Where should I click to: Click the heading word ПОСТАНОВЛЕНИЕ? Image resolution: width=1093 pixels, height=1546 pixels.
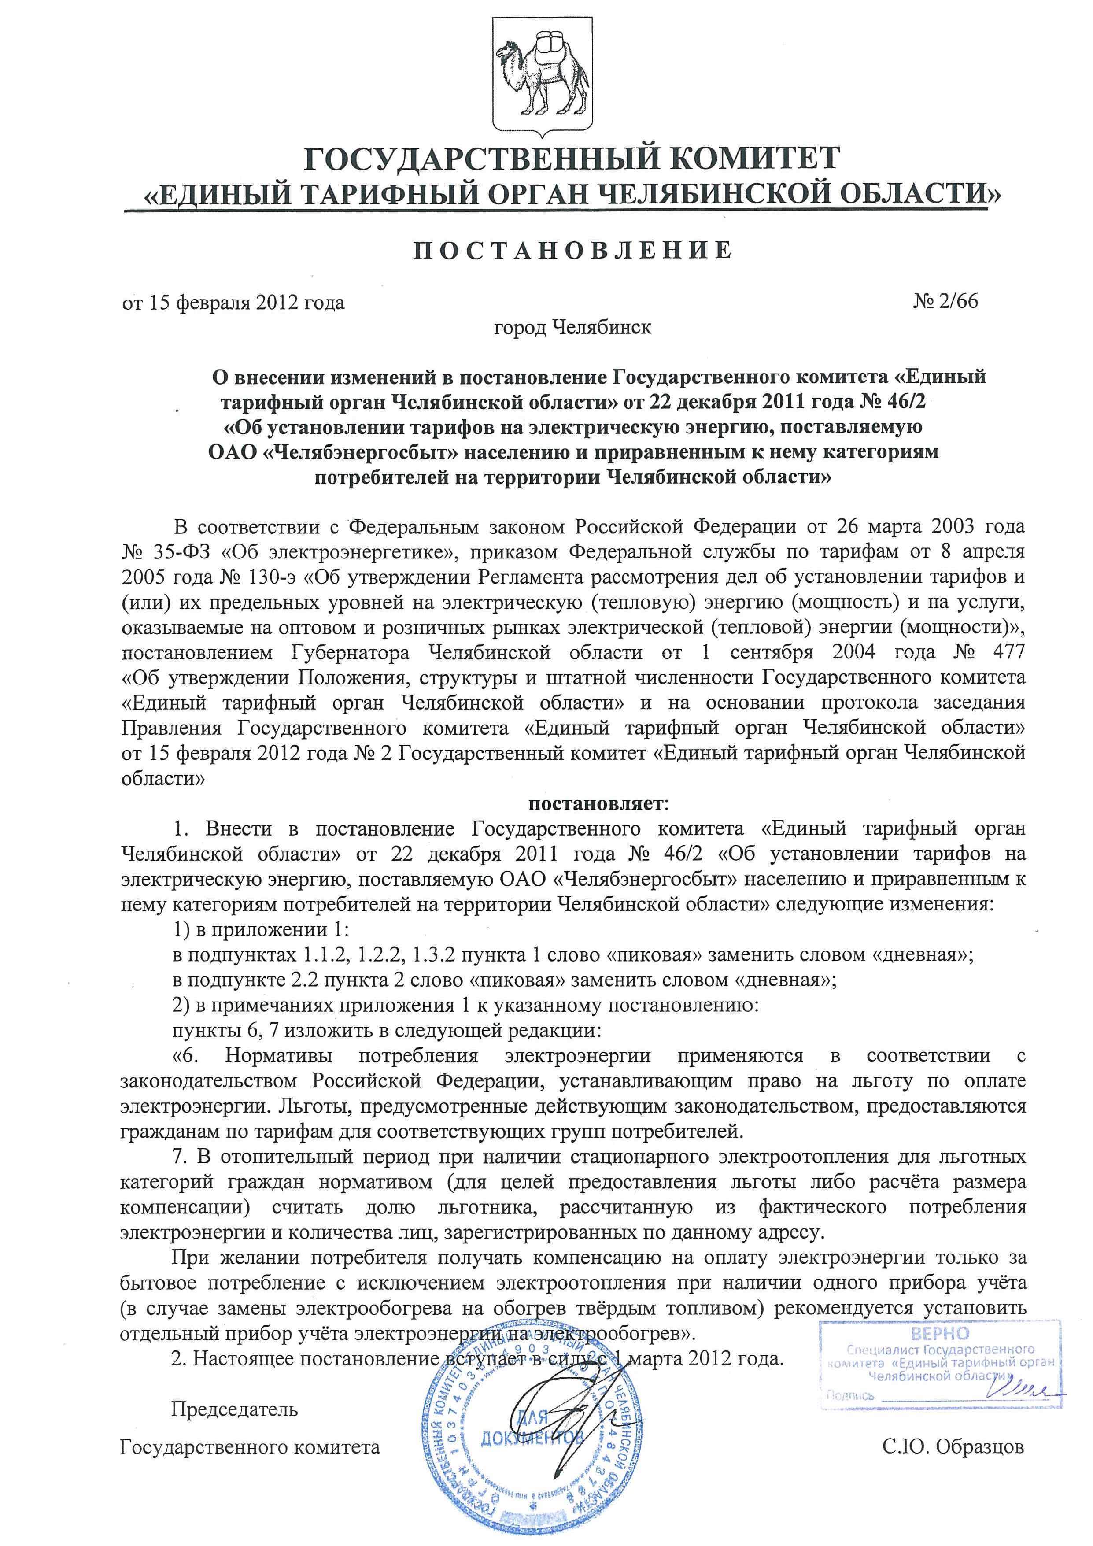point(572,251)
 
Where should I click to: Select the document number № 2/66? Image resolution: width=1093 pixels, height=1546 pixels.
point(945,301)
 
